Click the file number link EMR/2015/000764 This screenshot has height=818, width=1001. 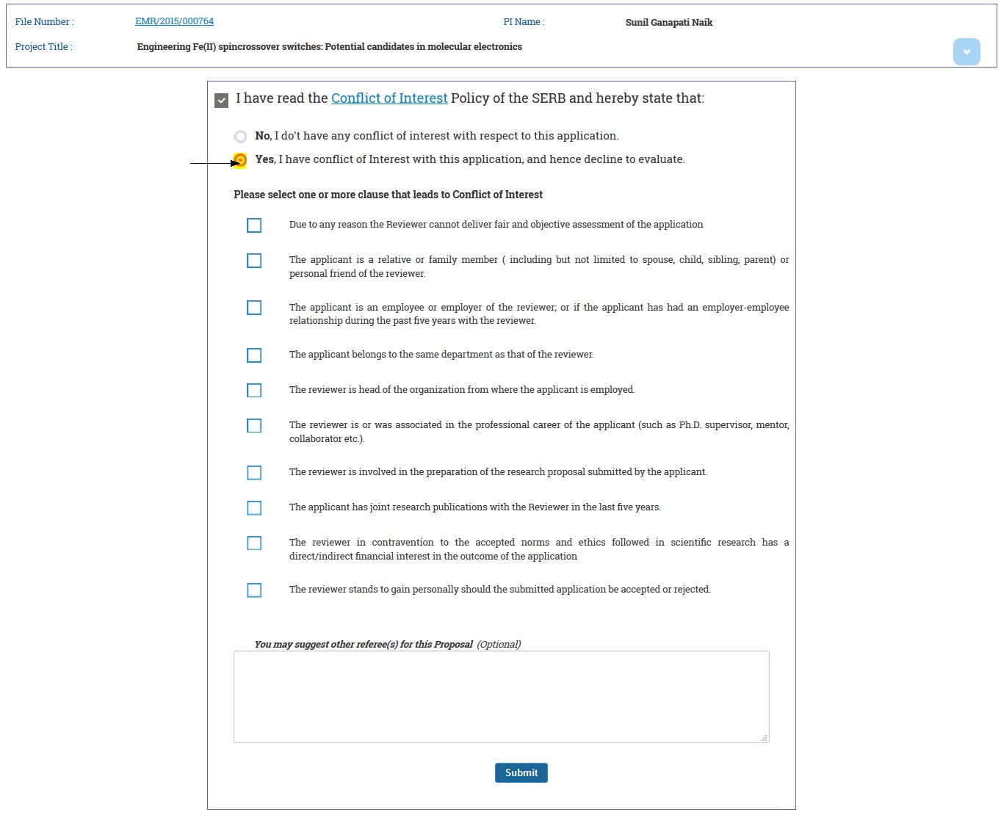coord(174,21)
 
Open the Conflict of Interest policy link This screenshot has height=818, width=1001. coord(389,98)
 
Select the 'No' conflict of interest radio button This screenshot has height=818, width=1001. coord(240,137)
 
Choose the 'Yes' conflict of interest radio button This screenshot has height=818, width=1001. coord(240,160)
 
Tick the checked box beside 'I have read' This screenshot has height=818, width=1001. coord(221,100)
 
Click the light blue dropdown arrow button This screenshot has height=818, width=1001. coord(966,51)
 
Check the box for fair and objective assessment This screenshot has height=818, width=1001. coord(254,225)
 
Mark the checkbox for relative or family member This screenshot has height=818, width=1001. coord(254,261)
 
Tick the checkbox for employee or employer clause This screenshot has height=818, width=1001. coord(254,308)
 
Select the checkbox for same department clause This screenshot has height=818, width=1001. coord(254,355)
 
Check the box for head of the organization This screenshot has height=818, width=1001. coord(254,391)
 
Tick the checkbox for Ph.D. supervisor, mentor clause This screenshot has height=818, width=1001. coord(254,426)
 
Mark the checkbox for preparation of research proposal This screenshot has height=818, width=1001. coord(254,473)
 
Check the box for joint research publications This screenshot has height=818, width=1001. coord(254,508)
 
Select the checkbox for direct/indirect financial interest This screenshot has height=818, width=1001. coord(254,543)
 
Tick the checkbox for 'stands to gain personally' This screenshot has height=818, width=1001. coord(254,590)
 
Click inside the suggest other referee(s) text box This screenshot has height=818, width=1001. coord(501,696)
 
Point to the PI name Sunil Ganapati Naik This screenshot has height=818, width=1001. coord(668,23)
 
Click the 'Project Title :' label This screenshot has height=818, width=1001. coord(43,47)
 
